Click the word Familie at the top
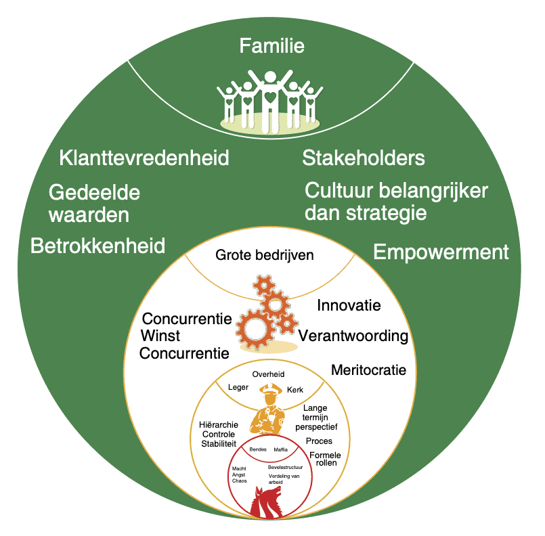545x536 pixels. point(272,46)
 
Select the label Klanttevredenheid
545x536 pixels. point(144,158)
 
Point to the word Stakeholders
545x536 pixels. point(364,158)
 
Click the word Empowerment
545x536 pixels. point(441,252)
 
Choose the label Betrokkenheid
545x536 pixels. point(98,246)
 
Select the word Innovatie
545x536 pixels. point(349,305)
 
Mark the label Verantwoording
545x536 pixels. point(353,336)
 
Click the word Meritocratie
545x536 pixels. point(368,370)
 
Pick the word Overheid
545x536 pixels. point(268,374)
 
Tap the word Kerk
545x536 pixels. point(295,390)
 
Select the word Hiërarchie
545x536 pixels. point(219,424)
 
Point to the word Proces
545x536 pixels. point(319,441)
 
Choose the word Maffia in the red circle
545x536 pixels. point(281,449)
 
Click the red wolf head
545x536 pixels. point(267,501)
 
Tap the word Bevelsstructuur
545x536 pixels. point(284,467)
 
